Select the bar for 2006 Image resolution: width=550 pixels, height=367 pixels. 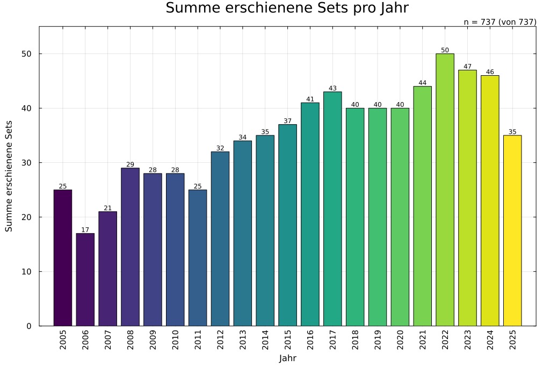[85, 279]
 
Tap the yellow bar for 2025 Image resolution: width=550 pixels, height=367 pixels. [512, 231]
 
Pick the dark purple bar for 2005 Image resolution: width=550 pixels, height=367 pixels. [62, 258]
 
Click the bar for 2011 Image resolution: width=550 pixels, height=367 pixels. [198, 258]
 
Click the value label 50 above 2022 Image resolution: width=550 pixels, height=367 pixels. [445, 51]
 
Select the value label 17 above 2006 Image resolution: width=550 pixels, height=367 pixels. [85, 230]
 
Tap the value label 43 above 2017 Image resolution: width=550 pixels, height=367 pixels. [332, 89]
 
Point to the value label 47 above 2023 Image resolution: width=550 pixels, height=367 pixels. [467, 67]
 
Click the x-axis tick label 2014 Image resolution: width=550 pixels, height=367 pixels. [265, 341]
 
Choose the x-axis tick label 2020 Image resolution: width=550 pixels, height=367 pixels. [400, 341]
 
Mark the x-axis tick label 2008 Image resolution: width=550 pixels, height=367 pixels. [131, 341]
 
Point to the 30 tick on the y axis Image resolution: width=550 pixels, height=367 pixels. [27, 163]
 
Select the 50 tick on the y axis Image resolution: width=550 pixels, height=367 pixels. [27, 54]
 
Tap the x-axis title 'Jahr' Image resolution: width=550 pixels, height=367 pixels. [287, 358]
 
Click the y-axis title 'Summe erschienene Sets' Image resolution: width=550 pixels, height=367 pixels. [9, 176]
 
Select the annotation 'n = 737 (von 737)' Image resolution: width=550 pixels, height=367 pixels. [500, 22]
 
